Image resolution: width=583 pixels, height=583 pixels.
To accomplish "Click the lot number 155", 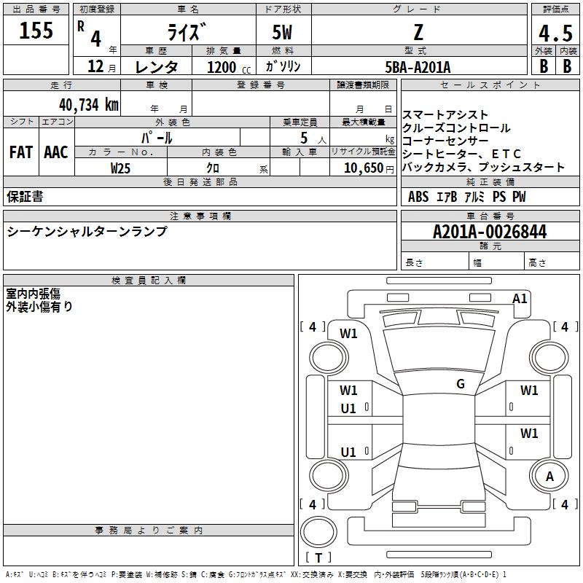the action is click(x=36, y=30).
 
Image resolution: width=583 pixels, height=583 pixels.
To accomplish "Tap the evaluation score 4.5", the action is click(x=555, y=34).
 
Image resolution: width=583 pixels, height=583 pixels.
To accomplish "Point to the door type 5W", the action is click(x=283, y=33).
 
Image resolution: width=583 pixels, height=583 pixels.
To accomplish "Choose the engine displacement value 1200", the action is click(x=222, y=67).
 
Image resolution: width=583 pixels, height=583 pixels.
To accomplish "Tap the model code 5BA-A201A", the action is click(x=418, y=67).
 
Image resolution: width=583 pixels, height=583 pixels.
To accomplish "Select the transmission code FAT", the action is click(x=21, y=152).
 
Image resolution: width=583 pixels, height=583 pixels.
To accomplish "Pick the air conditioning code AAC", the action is click(x=56, y=152).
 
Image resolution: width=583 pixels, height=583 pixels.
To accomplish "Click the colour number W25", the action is click(x=121, y=168).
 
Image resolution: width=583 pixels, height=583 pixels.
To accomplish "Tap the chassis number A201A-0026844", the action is click(x=489, y=232).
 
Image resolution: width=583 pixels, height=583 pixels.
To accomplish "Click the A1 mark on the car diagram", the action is click(x=520, y=298).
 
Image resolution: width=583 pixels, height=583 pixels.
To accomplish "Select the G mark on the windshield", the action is click(x=460, y=384).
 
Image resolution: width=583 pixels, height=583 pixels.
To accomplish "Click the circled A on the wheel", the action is click(x=549, y=476).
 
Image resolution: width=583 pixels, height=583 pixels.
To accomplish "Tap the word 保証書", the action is click(x=25, y=197).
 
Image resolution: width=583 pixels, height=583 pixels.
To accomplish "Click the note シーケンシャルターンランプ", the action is click(x=87, y=231).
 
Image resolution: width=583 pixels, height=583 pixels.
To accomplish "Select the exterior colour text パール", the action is click(x=157, y=137).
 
